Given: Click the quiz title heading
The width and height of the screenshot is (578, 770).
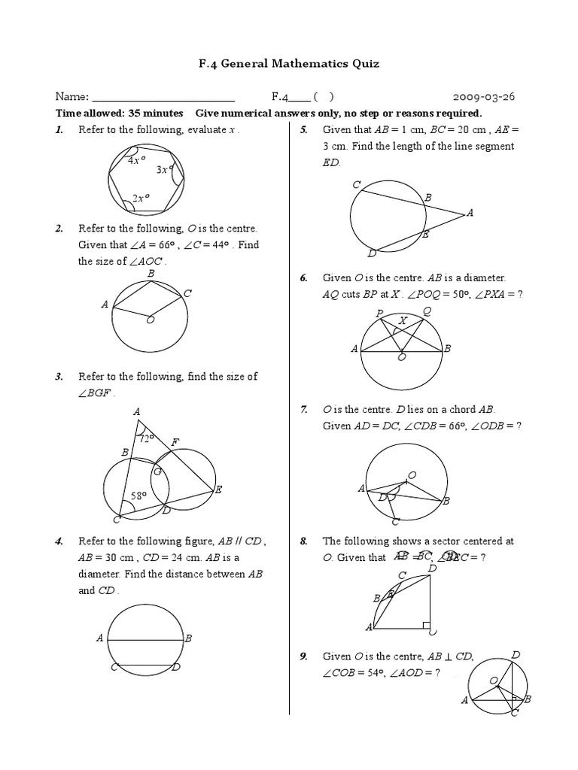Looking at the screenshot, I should coord(289,64).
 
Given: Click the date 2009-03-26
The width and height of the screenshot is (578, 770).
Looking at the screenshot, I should coord(484,97).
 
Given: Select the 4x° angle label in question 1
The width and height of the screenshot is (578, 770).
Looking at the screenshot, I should coord(138,160).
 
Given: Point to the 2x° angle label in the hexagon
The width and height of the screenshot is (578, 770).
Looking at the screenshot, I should coord(141,199).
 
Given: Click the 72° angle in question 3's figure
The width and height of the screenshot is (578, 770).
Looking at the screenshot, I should coord(146,438).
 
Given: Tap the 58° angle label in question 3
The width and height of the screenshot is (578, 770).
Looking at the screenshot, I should coord(140,496).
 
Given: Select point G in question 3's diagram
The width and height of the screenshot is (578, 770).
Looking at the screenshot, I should coord(157,471).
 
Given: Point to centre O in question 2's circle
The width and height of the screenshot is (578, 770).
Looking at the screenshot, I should coord(150,320).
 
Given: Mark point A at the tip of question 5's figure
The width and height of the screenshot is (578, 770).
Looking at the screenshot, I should coord(470,214).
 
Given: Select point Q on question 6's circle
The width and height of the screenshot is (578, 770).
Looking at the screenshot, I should coord(427,311).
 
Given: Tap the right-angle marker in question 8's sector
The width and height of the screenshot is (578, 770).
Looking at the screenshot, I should coord(426,625).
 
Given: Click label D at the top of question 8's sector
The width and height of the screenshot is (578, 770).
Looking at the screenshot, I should coord(431,568).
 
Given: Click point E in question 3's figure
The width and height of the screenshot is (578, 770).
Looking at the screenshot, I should coord(218,490).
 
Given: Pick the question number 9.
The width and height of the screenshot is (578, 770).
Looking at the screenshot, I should coord(304,656).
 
